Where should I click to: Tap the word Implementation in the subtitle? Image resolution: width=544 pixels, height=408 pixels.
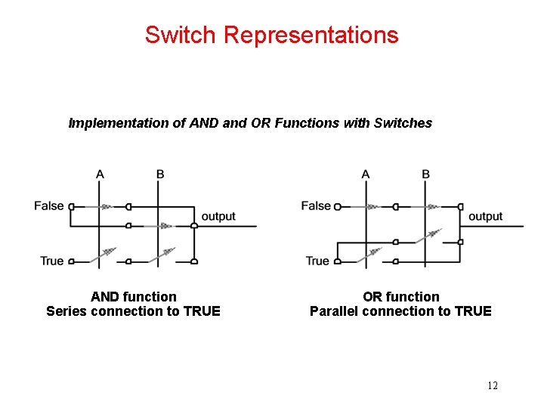coord(119,123)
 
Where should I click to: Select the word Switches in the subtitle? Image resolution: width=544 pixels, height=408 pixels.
coord(403,123)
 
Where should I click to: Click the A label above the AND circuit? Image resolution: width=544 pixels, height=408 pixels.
coord(100,175)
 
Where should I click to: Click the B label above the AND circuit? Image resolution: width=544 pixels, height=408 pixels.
coord(160,175)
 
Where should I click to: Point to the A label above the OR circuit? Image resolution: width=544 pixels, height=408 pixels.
coord(366,175)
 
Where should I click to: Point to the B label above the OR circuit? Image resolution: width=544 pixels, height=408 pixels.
coord(426,175)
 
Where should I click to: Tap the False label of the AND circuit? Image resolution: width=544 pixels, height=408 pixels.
coord(49,206)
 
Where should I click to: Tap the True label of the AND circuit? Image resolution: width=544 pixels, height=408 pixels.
coord(51,261)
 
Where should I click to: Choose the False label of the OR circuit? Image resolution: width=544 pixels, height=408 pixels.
coord(316,206)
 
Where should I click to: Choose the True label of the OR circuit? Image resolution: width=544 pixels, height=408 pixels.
coord(317,261)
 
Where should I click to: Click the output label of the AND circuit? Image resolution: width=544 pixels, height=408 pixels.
coord(218,216)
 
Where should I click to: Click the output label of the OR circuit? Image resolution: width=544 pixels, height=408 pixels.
coord(485,216)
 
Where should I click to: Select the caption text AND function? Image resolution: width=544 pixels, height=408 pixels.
coord(134,297)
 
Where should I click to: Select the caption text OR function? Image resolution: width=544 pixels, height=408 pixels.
coord(400,297)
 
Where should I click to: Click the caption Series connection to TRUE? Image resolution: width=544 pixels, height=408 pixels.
coord(134,311)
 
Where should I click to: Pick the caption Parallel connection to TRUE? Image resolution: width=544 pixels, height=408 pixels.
coord(400,311)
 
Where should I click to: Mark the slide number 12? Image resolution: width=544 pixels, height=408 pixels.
coord(493,386)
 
